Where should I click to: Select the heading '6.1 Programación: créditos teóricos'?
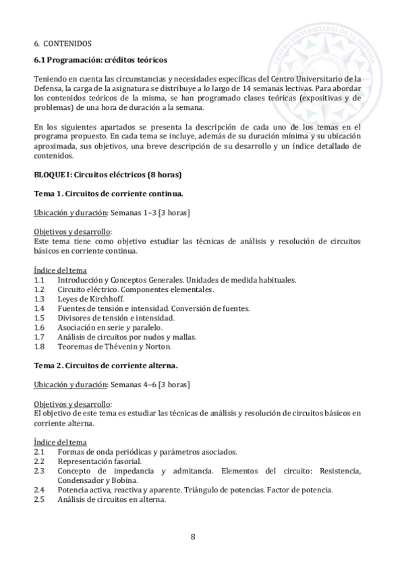point(100,60)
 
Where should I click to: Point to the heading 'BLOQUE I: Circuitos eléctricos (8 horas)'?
point(107,174)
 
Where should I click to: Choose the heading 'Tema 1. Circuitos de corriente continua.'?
point(109,194)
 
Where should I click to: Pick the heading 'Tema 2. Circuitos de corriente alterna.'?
point(106,365)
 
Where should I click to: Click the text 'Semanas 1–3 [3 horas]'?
point(151,213)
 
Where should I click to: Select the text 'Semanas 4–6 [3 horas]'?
point(151,384)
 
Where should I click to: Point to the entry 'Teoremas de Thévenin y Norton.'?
point(115,347)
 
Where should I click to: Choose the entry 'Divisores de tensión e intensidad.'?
point(116,318)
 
